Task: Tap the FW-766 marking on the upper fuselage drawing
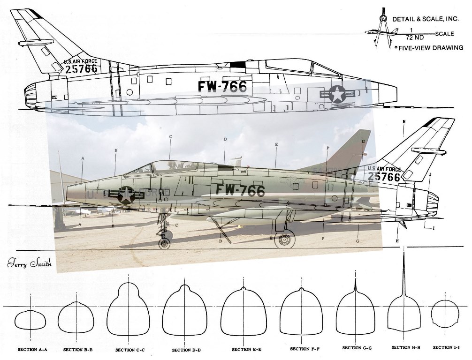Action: (222, 87)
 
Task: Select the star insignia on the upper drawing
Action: (337, 94)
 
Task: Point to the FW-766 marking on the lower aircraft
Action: (240, 190)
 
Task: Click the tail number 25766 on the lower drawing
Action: (384, 177)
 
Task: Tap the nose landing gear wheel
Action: (164, 243)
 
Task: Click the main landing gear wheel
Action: (284, 240)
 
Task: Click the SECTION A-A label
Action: (31, 349)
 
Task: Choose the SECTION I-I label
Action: (446, 347)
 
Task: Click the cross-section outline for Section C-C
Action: (129, 309)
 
